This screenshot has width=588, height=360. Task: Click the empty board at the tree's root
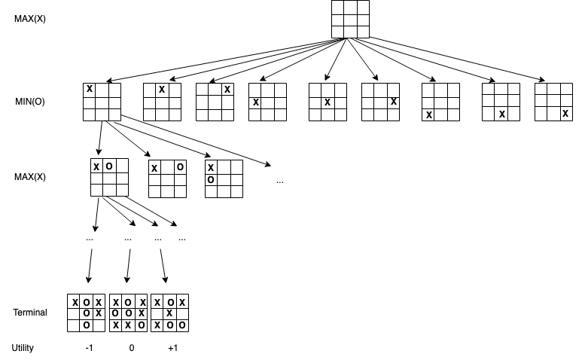pos(350,20)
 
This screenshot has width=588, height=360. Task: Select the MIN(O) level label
pos(30,101)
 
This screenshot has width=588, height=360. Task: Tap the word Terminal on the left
pos(30,312)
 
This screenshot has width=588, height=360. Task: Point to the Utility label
pos(23,348)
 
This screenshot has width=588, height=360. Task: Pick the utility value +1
pos(172,348)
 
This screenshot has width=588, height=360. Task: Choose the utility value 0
pos(131,348)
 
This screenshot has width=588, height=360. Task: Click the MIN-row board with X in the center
pos(328,102)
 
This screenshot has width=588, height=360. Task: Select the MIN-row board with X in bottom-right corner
pos(553,102)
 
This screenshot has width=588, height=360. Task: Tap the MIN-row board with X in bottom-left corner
pos(440,102)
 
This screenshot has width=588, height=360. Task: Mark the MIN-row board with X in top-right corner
pos(215,102)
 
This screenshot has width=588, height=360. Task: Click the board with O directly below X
pos(224,179)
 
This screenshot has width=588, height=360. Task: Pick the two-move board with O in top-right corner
pos(166,179)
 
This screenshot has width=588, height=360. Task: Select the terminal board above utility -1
pos(87,313)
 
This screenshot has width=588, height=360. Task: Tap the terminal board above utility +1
pos(169,313)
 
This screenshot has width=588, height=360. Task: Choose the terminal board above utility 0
pos(128,313)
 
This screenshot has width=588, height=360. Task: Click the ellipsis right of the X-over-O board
pos(280,182)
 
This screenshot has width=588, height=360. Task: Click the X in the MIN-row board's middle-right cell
pos(393,102)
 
